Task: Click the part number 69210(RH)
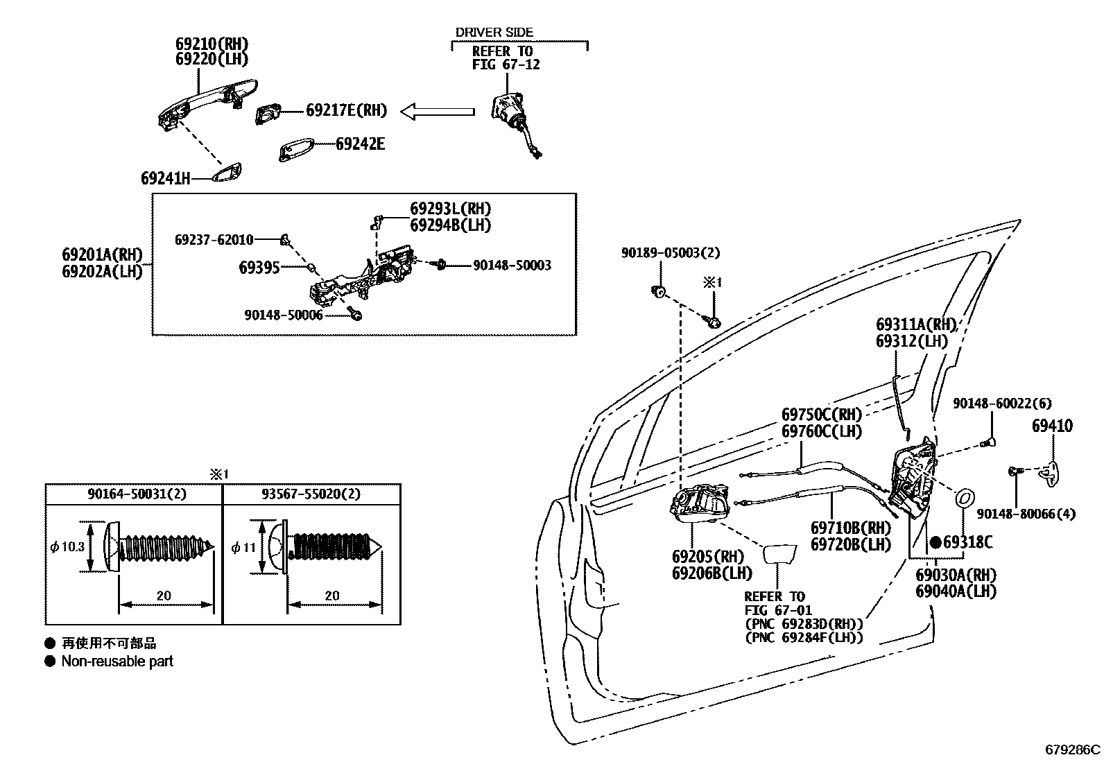point(212,44)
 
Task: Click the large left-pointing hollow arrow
point(438,111)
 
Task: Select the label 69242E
point(360,144)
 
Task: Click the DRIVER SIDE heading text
point(494,32)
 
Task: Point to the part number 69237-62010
point(214,239)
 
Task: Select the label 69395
point(259,267)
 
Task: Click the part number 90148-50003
point(512,265)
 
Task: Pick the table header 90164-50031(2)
point(137,494)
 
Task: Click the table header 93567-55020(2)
point(311,494)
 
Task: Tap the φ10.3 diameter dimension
point(67,546)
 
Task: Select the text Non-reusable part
point(117,661)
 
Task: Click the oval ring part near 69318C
point(965,499)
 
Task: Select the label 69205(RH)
point(707,557)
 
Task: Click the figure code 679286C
point(1072,750)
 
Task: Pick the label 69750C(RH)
point(822,415)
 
